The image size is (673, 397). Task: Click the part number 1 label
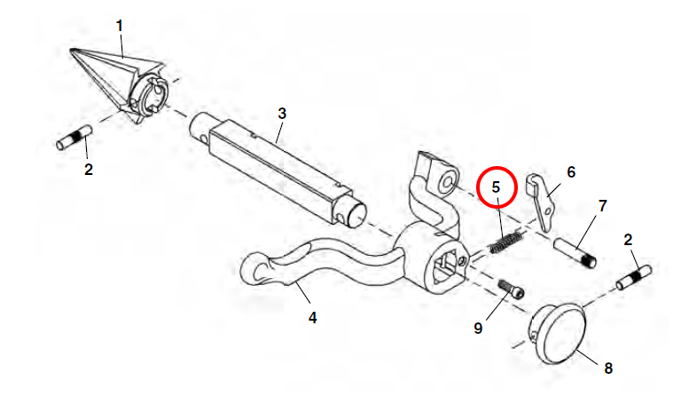coord(120,26)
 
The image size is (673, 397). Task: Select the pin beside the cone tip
coord(75,137)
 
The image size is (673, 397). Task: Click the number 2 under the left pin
coord(89,170)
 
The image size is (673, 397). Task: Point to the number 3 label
coord(282,114)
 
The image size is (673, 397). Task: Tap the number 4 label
coord(312,318)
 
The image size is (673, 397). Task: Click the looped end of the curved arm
coord(257,269)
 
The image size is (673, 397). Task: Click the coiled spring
coord(506,242)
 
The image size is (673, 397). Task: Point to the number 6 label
coord(571,172)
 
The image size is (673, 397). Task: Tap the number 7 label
coord(603,206)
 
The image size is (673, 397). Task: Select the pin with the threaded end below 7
coord(575,253)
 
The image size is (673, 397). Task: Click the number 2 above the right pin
coord(628,240)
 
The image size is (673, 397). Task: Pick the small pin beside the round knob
coord(634,278)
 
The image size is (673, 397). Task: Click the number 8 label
coord(608,369)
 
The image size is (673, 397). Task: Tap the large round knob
coord(558,334)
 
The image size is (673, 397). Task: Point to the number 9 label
coord(478,329)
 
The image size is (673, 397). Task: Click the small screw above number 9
coord(512,289)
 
